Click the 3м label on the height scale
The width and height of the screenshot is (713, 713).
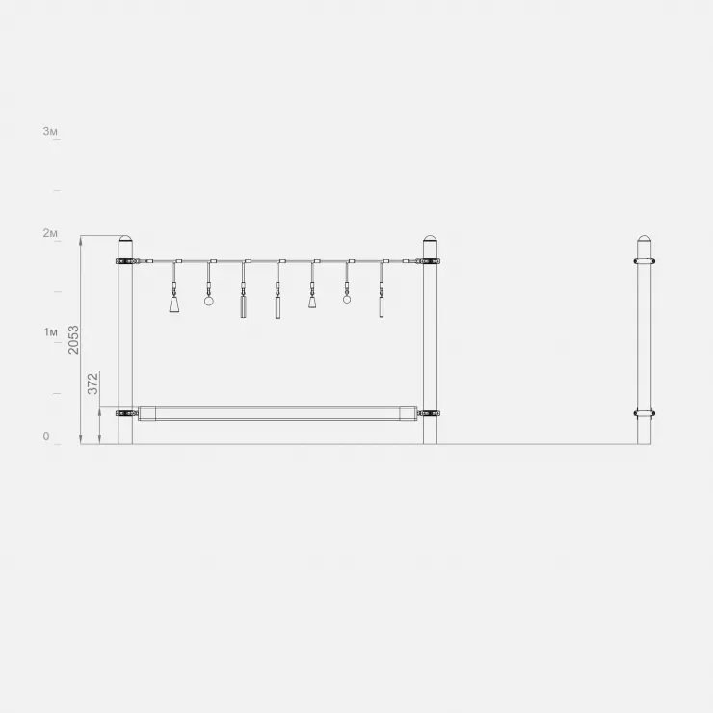coord(50,131)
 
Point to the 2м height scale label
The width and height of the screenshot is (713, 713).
coord(50,233)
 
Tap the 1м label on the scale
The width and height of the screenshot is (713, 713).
coord(50,332)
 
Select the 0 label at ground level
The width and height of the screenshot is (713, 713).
coord(46,436)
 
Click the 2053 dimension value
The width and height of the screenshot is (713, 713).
coord(73,340)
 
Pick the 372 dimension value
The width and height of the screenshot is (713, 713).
coord(92,383)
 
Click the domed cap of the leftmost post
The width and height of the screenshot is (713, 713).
coord(125,238)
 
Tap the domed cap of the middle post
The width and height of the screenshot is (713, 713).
coord(430,238)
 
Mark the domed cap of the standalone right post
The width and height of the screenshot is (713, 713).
coord(644,238)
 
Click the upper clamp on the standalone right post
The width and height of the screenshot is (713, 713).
coord(644,261)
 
